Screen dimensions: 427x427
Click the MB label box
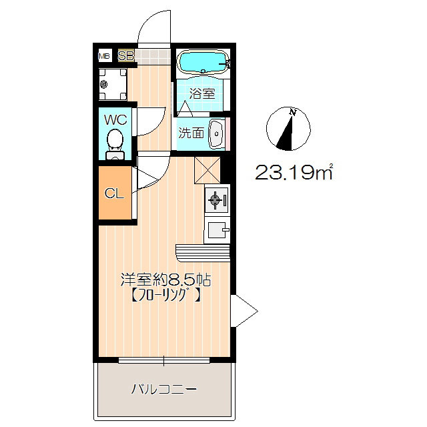tap(105, 56)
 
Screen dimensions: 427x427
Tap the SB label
tap(125, 56)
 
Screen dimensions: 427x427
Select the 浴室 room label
tap(202, 93)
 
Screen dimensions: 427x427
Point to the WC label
tap(115, 120)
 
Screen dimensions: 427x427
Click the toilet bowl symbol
tap(115, 141)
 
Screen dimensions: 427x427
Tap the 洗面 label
tap(191, 133)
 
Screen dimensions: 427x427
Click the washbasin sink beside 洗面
tap(217, 133)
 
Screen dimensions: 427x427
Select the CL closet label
tap(115, 194)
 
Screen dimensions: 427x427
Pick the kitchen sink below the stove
tap(218, 231)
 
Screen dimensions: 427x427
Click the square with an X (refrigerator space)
tap(207, 169)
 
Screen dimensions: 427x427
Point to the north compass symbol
tap(288, 129)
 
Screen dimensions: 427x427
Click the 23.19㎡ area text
tap(294, 173)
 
